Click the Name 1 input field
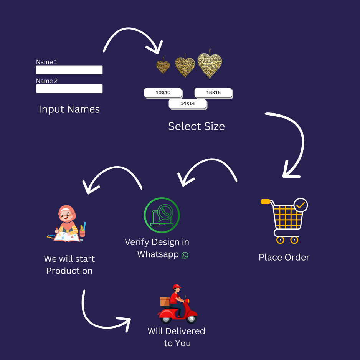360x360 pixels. (69, 70)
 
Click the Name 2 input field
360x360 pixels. (69, 89)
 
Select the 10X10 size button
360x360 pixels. (163, 92)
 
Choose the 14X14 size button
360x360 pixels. (187, 104)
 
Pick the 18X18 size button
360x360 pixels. (213, 92)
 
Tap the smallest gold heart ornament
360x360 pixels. (163, 66)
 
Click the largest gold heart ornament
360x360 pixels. (210, 64)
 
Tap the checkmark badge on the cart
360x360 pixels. (301, 205)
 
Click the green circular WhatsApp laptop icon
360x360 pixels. (162, 215)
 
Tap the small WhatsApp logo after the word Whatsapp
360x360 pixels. (185, 255)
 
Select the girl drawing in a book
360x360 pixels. (68, 224)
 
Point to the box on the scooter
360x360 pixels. (165, 301)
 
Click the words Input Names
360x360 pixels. (69, 109)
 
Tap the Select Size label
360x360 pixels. (197, 126)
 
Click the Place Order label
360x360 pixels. (284, 257)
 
